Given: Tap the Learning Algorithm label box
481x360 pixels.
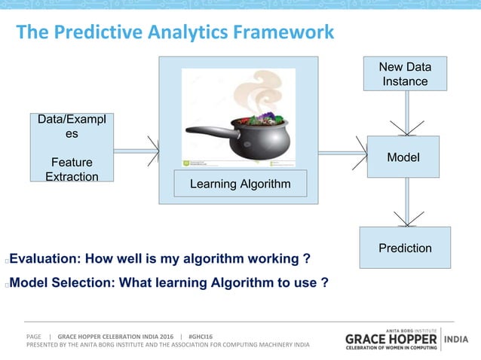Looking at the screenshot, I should click(x=240, y=184).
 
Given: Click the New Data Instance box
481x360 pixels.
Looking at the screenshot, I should click(x=405, y=75).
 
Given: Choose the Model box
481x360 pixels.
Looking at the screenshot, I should click(x=403, y=157).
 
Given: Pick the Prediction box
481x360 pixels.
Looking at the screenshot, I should click(x=405, y=248).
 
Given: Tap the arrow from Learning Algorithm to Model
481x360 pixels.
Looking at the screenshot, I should click(x=342, y=154).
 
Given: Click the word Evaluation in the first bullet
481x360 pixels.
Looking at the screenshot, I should click(x=44, y=260).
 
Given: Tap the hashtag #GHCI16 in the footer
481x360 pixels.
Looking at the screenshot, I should click(x=201, y=336).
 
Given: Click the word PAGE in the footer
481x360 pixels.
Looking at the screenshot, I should click(x=34, y=336).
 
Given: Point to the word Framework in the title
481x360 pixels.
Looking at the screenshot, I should click(x=283, y=33).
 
